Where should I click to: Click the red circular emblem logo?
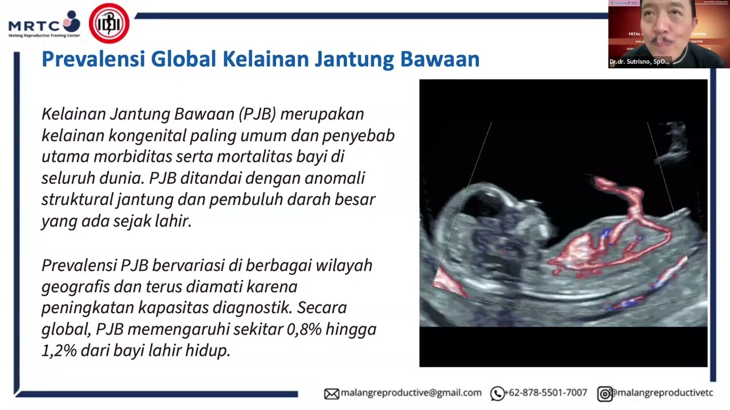point(109,23)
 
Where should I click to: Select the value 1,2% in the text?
point(59,350)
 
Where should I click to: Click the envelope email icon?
point(331,393)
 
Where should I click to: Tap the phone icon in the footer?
point(497,393)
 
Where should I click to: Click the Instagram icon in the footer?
point(605,393)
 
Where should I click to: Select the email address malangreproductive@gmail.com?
point(411,393)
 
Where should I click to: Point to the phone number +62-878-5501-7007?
point(546,393)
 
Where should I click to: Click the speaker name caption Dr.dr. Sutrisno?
point(639,61)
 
